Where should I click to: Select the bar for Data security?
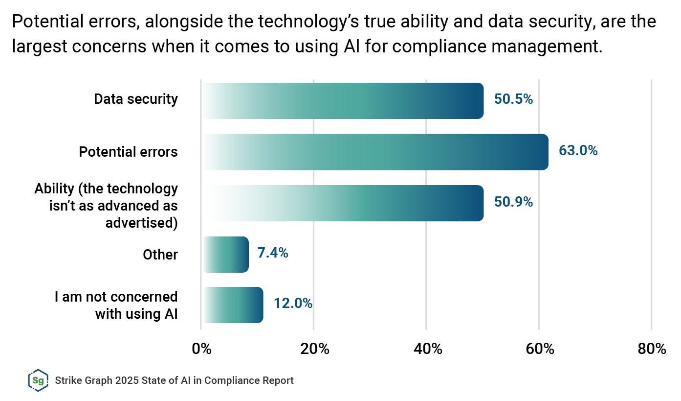(342, 101)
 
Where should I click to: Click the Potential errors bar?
(374, 152)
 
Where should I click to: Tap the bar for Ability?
(342, 203)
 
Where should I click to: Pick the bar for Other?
(225, 255)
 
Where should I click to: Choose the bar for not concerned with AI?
(233, 305)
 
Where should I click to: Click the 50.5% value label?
(513, 99)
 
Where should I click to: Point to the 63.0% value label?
(578, 151)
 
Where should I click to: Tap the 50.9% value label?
(513, 202)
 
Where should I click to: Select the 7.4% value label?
(272, 253)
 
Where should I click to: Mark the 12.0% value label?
(293, 304)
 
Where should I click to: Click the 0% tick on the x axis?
(201, 349)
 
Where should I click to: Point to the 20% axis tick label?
(314, 349)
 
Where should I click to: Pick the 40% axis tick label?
(427, 349)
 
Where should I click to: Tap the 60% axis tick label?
(539, 349)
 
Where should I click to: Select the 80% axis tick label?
(652, 349)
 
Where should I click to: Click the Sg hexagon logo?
(38, 380)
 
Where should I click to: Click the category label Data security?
(136, 99)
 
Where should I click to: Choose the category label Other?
(160, 255)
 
